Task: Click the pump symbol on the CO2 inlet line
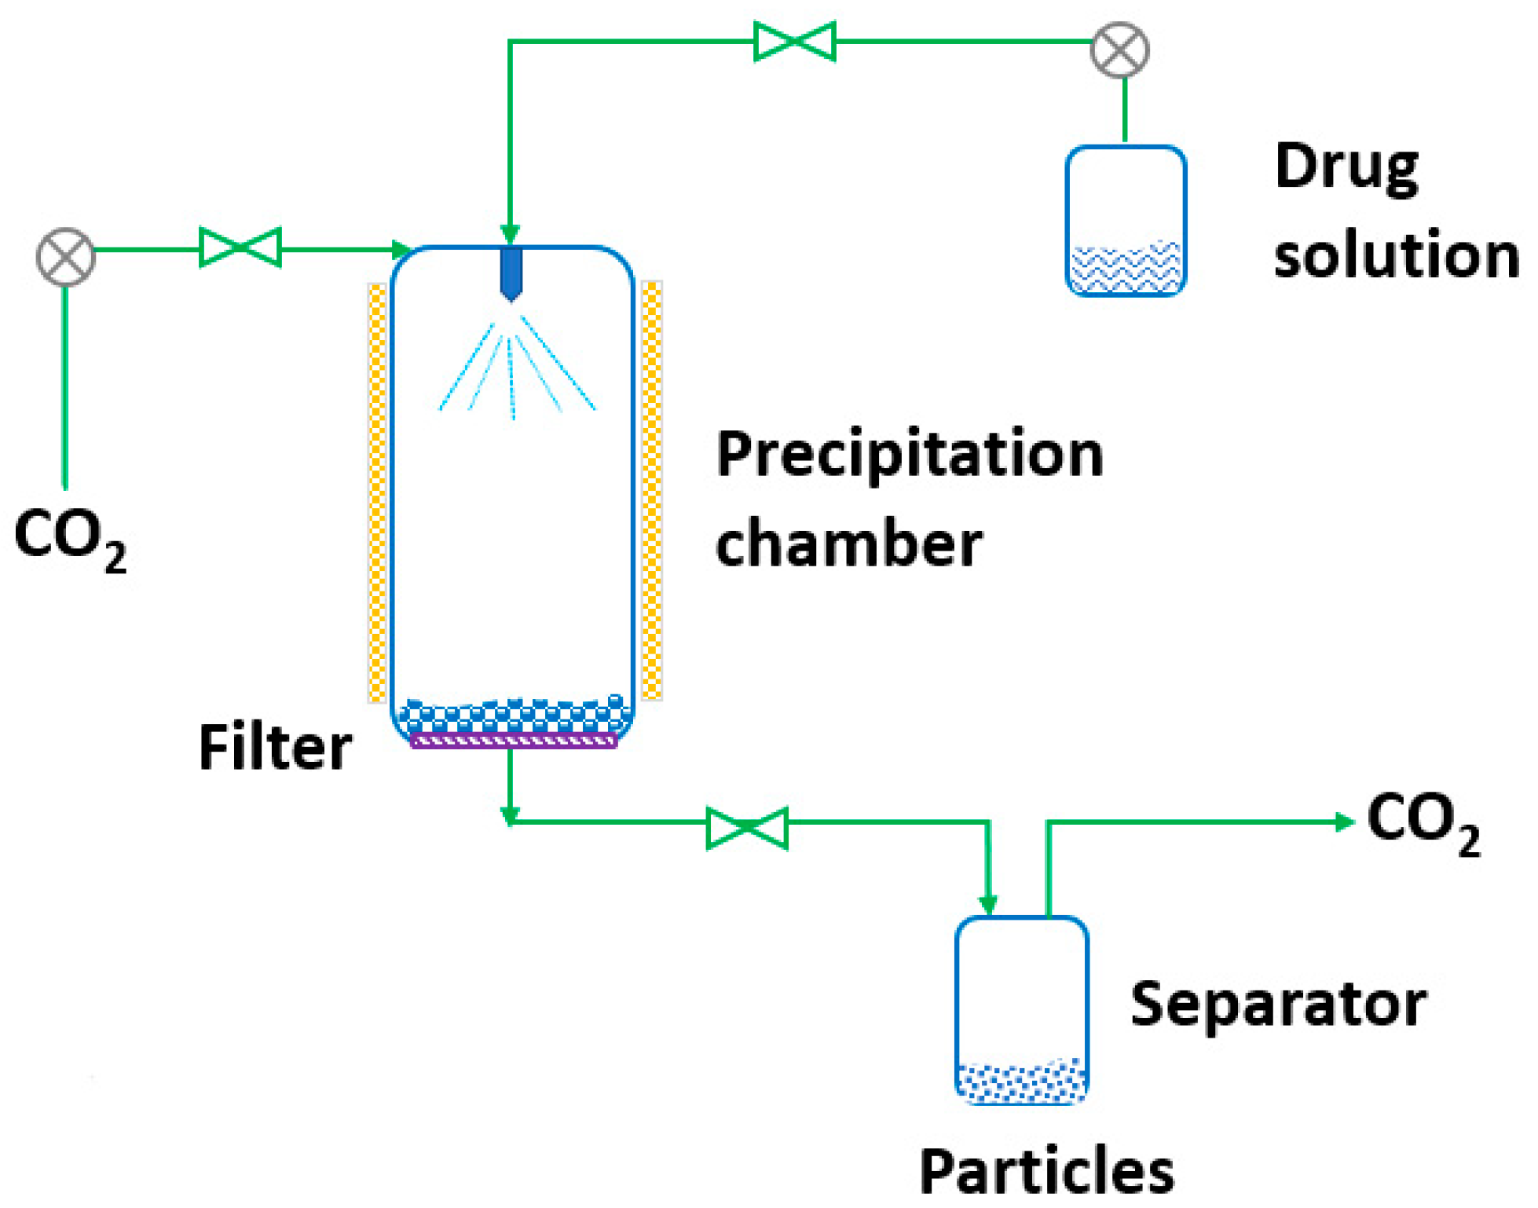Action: [66, 257]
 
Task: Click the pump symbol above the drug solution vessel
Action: [1120, 50]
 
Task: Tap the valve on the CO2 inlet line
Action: [240, 248]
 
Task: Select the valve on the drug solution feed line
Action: [794, 41]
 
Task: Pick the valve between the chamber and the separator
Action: [747, 829]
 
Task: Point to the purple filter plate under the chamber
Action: [514, 741]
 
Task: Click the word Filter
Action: [275, 748]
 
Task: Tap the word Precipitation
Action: [910, 456]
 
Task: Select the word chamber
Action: [848, 544]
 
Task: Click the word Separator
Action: [1278, 1005]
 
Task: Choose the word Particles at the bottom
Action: [1046, 1173]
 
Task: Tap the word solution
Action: [1396, 256]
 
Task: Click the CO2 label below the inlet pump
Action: [69, 538]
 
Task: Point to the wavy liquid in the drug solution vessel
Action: [1126, 268]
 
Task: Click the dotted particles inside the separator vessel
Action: [1021, 1082]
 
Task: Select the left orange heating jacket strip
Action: [377, 492]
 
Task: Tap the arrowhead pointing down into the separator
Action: [988, 905]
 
